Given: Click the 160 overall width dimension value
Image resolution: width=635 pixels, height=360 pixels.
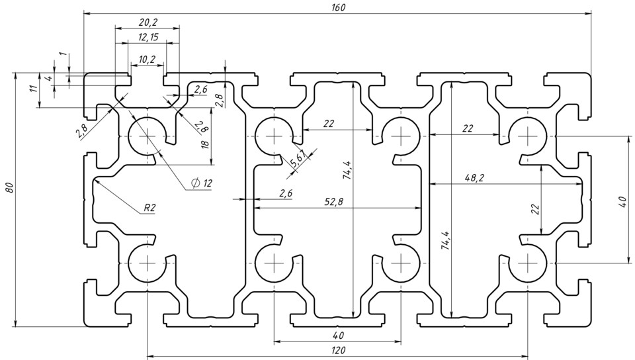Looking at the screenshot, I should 338,7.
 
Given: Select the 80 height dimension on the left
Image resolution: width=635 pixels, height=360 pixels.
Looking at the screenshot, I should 9,188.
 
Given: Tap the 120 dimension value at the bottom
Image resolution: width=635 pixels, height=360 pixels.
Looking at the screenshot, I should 337,351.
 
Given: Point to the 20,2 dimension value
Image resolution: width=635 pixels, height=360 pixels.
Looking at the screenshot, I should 148,22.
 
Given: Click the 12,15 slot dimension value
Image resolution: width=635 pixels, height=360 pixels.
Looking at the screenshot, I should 148,37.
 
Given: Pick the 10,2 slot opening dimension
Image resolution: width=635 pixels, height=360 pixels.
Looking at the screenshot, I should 147,60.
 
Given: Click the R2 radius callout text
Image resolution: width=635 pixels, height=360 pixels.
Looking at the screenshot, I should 149,208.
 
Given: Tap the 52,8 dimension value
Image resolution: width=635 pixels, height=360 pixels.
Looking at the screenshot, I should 336,202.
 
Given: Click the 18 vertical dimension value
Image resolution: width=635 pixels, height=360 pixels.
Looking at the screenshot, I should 205,144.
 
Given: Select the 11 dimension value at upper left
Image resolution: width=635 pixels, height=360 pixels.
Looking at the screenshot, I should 33,89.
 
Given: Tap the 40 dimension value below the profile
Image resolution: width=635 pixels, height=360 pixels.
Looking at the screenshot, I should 337,336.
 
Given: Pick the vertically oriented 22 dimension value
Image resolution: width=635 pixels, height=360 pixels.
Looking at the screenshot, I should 536,208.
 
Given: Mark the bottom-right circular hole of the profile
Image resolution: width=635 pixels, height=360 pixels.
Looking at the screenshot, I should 528,262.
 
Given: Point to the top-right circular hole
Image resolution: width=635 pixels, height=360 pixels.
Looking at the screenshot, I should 528,136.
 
